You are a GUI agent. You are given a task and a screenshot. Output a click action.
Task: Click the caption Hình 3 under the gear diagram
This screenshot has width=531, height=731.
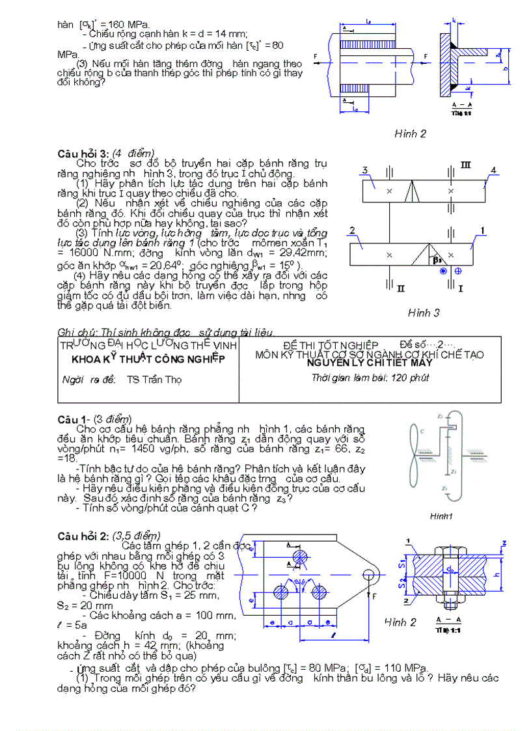[x=424, y=312]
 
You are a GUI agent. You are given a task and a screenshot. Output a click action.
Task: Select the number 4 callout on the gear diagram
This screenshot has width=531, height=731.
[x=493, y=171]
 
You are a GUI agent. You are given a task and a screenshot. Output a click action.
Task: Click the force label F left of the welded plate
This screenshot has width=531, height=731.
[x=316, y=57]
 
